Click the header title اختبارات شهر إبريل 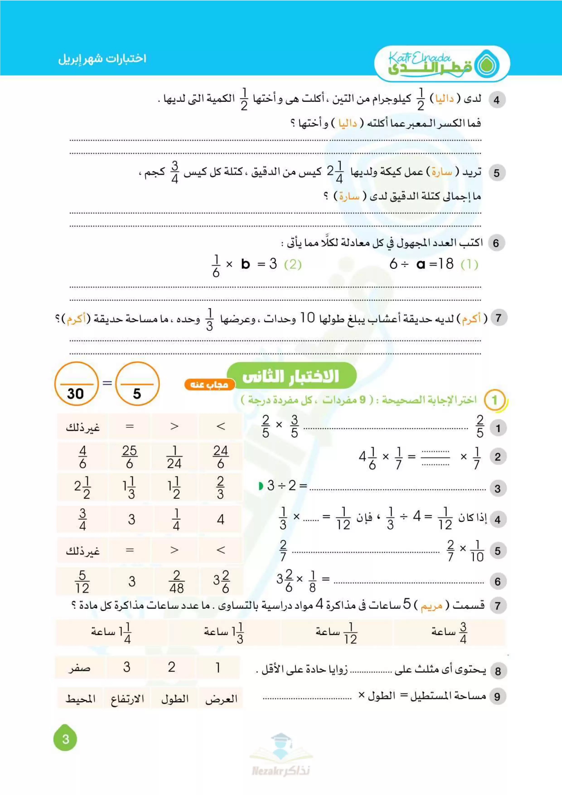pos(102,58)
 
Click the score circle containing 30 pos(76,384)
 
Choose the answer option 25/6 pos(129,457)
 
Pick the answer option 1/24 pos(174,457)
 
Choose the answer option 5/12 pos(82,582)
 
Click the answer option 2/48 pos(176,582)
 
